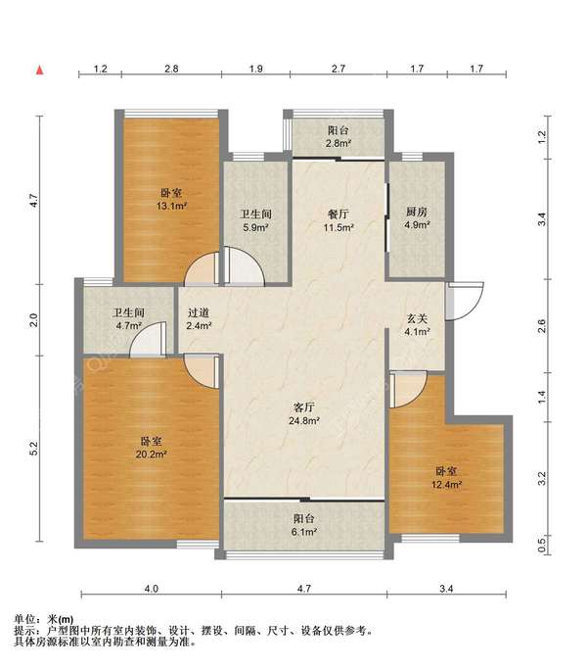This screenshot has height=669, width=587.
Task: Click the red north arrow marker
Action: point(40,71)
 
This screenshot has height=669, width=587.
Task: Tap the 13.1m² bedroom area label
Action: point(171,200)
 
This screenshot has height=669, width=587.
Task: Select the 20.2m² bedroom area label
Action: point(151,448)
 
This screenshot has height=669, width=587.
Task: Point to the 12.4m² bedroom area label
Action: point(446,478)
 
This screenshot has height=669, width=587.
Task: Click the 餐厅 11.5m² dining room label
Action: point(339,220)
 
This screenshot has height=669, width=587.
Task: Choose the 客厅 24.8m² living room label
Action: point(304,414)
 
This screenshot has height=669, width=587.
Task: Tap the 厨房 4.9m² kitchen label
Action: point(417,218)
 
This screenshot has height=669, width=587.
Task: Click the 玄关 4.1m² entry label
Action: point(417,324)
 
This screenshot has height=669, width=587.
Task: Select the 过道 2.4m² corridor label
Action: point(199,319)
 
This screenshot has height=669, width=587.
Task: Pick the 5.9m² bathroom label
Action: point(255,220)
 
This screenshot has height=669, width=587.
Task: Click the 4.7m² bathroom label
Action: point(128,319)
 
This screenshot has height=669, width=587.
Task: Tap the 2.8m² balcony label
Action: point(339,136)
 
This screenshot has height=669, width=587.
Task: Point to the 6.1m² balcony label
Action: point(304,525)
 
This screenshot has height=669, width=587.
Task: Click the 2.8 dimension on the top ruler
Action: point(171,69)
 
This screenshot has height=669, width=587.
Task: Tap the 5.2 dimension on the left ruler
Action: point(34,448)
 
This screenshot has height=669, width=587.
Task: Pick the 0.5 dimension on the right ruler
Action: point(541,545)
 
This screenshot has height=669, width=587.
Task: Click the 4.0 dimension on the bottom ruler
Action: point(151,589)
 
